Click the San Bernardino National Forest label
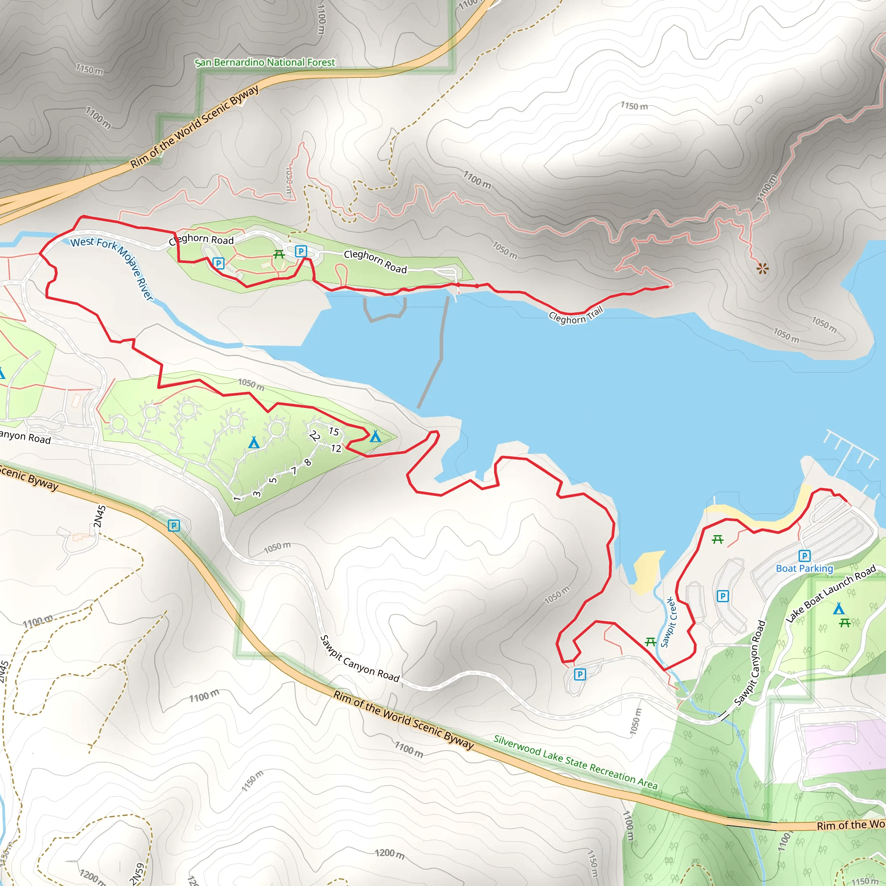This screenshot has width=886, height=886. click(265, 62)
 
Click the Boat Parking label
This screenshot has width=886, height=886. click(804, 568)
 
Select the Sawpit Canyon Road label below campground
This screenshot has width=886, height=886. click(360, 658)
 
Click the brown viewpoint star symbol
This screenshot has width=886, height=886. click(762, 269)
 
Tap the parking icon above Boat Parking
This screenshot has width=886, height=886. click(804, 556)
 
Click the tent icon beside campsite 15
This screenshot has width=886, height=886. click(375, 436)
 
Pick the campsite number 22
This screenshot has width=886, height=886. click(315, 436)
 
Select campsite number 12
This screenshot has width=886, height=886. click(336, 449)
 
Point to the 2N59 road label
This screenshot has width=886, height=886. click(137, 873)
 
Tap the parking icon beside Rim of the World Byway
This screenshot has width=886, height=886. click(174, 526)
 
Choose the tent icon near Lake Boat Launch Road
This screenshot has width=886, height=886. click(839, 609)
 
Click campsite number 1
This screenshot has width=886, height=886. click(237, 498)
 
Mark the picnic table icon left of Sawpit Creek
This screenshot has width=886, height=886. click(650, 642)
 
